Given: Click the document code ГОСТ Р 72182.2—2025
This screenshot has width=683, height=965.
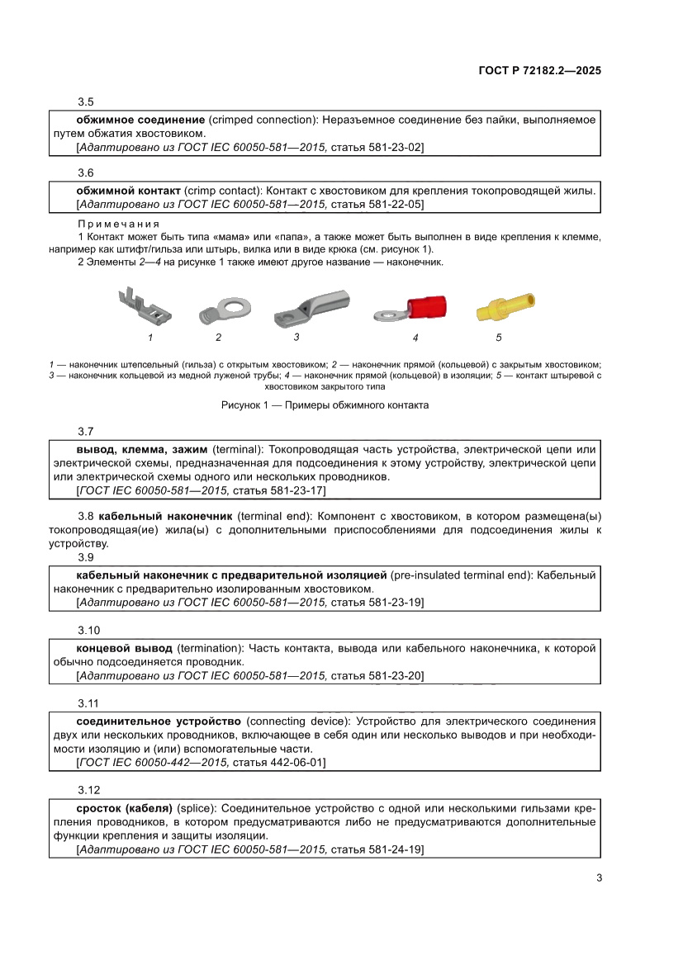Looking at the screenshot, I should (x=539, y=71).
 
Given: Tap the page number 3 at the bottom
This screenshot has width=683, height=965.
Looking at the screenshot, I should (x=598, y=877).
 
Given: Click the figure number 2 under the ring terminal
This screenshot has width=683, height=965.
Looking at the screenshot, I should (x=218, y=337).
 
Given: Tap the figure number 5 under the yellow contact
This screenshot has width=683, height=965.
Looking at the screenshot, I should (x=499, y=337).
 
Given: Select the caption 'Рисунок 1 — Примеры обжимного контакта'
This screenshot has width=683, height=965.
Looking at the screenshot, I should (x=325, y=405).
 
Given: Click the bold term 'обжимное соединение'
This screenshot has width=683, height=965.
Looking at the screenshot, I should (x=129, y=120).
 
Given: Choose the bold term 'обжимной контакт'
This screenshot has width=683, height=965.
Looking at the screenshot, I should (x=128, y=190).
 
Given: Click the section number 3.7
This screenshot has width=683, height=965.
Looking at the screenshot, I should (x=86, y=432).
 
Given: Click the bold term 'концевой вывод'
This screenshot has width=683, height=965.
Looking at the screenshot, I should (x=124, y=648).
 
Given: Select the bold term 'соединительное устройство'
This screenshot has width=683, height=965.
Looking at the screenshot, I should (x=159, y=721).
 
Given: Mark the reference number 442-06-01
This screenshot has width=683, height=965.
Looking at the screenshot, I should (x=296, y=763).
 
